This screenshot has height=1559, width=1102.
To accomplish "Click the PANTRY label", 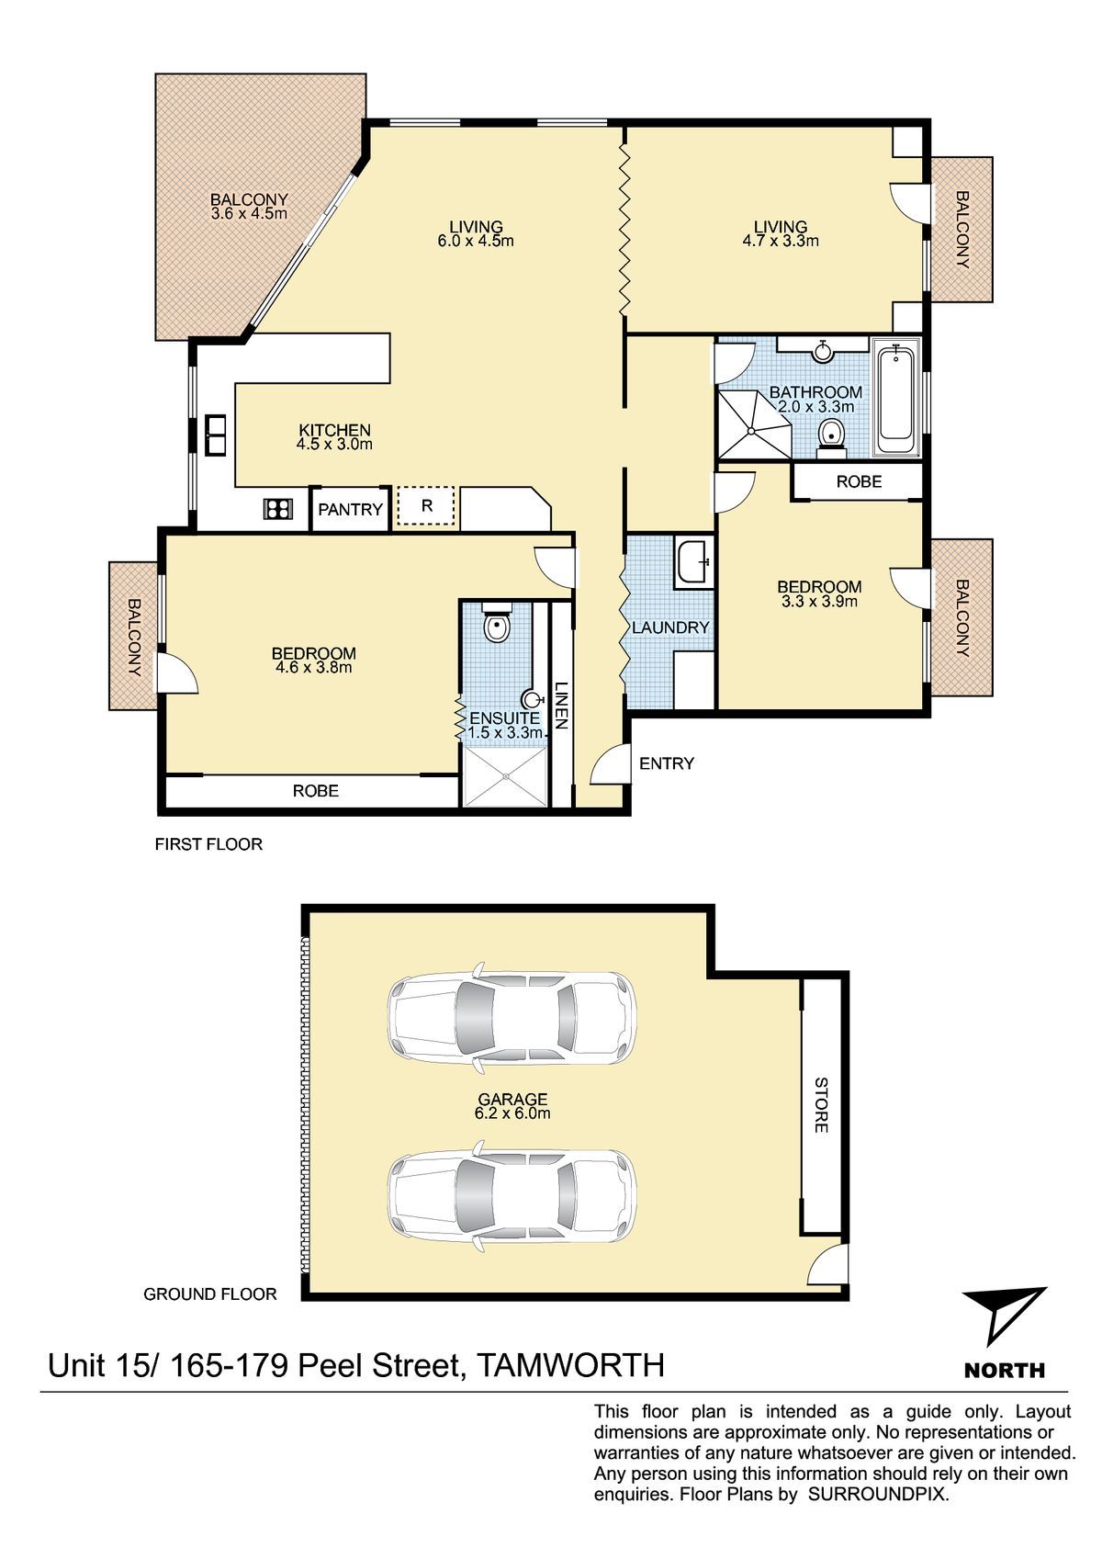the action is (x=350, y=510).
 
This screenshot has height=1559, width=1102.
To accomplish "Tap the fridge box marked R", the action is (x=425, y=506).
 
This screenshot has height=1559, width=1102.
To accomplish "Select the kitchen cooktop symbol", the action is (x=277, y=510).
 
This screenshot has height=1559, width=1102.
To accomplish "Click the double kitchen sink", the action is (x=215, y=435).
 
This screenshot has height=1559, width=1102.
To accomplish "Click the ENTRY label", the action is (x=667, y=763).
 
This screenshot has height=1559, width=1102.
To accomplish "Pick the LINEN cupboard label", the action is (x=561, y=705).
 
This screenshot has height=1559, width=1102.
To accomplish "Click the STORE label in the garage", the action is (x=821, y=1104).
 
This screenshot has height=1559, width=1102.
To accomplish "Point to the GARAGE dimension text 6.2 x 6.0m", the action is (x=512, y=1113).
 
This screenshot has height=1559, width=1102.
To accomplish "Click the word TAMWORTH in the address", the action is (x=570, y=1365).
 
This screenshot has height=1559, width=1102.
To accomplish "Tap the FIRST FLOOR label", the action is (x=208, y=844).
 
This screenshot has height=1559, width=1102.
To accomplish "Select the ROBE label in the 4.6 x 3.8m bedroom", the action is (x=316, y=791).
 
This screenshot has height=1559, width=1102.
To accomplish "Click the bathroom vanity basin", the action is (x=823, y=350).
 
